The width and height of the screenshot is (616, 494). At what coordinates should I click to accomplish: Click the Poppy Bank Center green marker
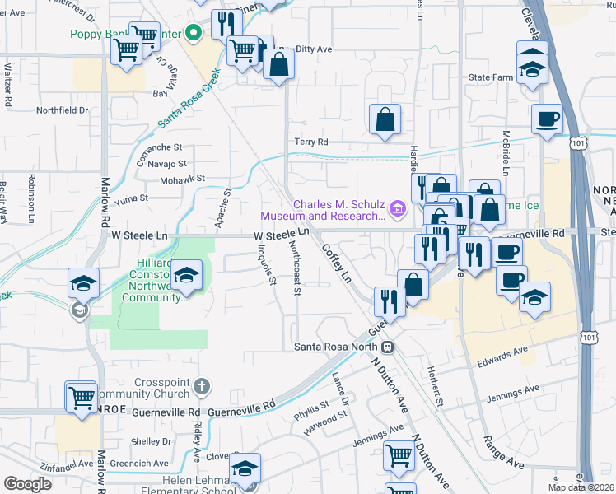[194, 34]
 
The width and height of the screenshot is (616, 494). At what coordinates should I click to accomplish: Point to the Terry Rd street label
[311, 142]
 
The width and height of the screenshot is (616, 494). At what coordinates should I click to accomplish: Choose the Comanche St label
[159, 147]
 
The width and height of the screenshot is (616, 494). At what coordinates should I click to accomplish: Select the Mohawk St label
[182, 178]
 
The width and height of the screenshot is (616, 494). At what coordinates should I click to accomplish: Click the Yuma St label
[132, 198]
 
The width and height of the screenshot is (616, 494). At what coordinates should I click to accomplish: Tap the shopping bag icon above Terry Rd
[385, 119]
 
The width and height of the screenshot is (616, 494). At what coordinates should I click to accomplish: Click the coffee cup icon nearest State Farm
[546, 119]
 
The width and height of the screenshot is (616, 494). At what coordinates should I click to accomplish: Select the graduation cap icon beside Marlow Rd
[84, 283]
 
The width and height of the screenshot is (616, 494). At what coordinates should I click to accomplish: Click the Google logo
[27, 484]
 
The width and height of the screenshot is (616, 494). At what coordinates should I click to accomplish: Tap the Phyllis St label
[312, 405]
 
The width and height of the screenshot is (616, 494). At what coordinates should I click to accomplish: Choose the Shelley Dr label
[151, 441]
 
